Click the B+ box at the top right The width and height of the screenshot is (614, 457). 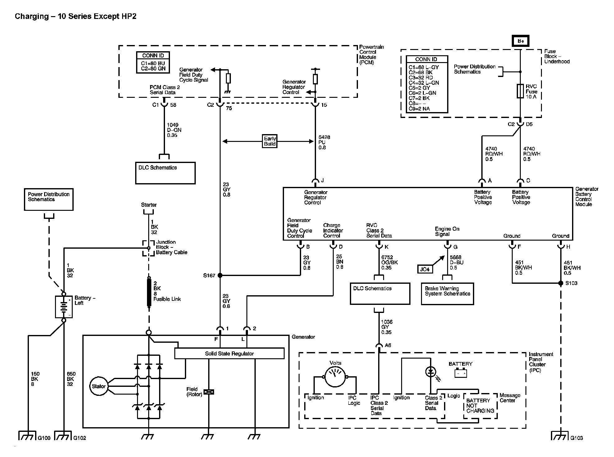[520, 41]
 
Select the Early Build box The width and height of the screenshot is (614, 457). [269, 141]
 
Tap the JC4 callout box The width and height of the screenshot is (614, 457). [425, 269]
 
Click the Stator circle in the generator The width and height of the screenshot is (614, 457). [99, 386]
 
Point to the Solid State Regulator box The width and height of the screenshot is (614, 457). [229, 353]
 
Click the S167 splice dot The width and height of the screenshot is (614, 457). [220, 275]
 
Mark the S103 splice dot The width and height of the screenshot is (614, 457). [561, 283]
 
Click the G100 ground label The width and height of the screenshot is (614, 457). [44, 438]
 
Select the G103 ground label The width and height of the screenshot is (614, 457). [576, 438]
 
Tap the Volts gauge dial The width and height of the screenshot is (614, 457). [335, 377]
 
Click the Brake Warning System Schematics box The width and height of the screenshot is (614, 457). [447, 294]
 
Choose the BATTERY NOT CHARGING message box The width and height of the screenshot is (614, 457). [480, 406]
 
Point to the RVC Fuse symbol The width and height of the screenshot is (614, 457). [520, 91]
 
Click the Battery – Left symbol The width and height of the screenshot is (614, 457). [64, 307]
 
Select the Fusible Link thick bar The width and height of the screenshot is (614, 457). [149, 293]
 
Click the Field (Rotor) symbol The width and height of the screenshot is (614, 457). [209, 392]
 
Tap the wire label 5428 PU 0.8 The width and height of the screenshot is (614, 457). [324, 142]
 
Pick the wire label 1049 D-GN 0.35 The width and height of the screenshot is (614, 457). [174, 130]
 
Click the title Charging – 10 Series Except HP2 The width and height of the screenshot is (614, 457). [76, 16]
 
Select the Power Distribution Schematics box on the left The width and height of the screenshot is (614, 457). [49, 199]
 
